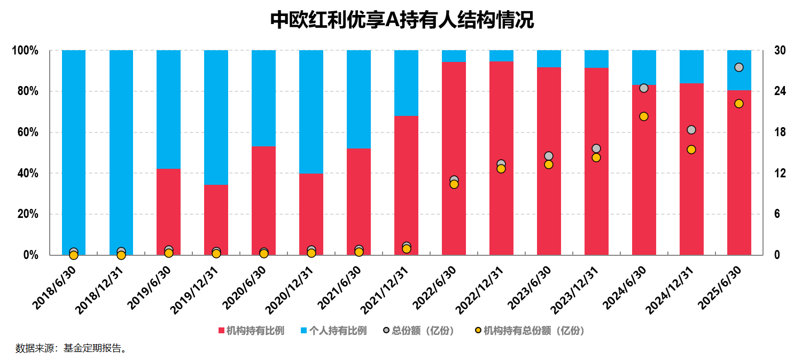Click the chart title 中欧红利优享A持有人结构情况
402,20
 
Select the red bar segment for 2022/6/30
454,160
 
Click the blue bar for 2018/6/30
74,150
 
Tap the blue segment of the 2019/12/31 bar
216,118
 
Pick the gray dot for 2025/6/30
739,67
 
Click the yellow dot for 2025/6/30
739,104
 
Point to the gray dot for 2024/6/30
644,88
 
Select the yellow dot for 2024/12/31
691,150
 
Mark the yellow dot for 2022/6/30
454,184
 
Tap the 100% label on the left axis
25,51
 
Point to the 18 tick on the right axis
780,132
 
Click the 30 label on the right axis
780,51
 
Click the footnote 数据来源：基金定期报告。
72,349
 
